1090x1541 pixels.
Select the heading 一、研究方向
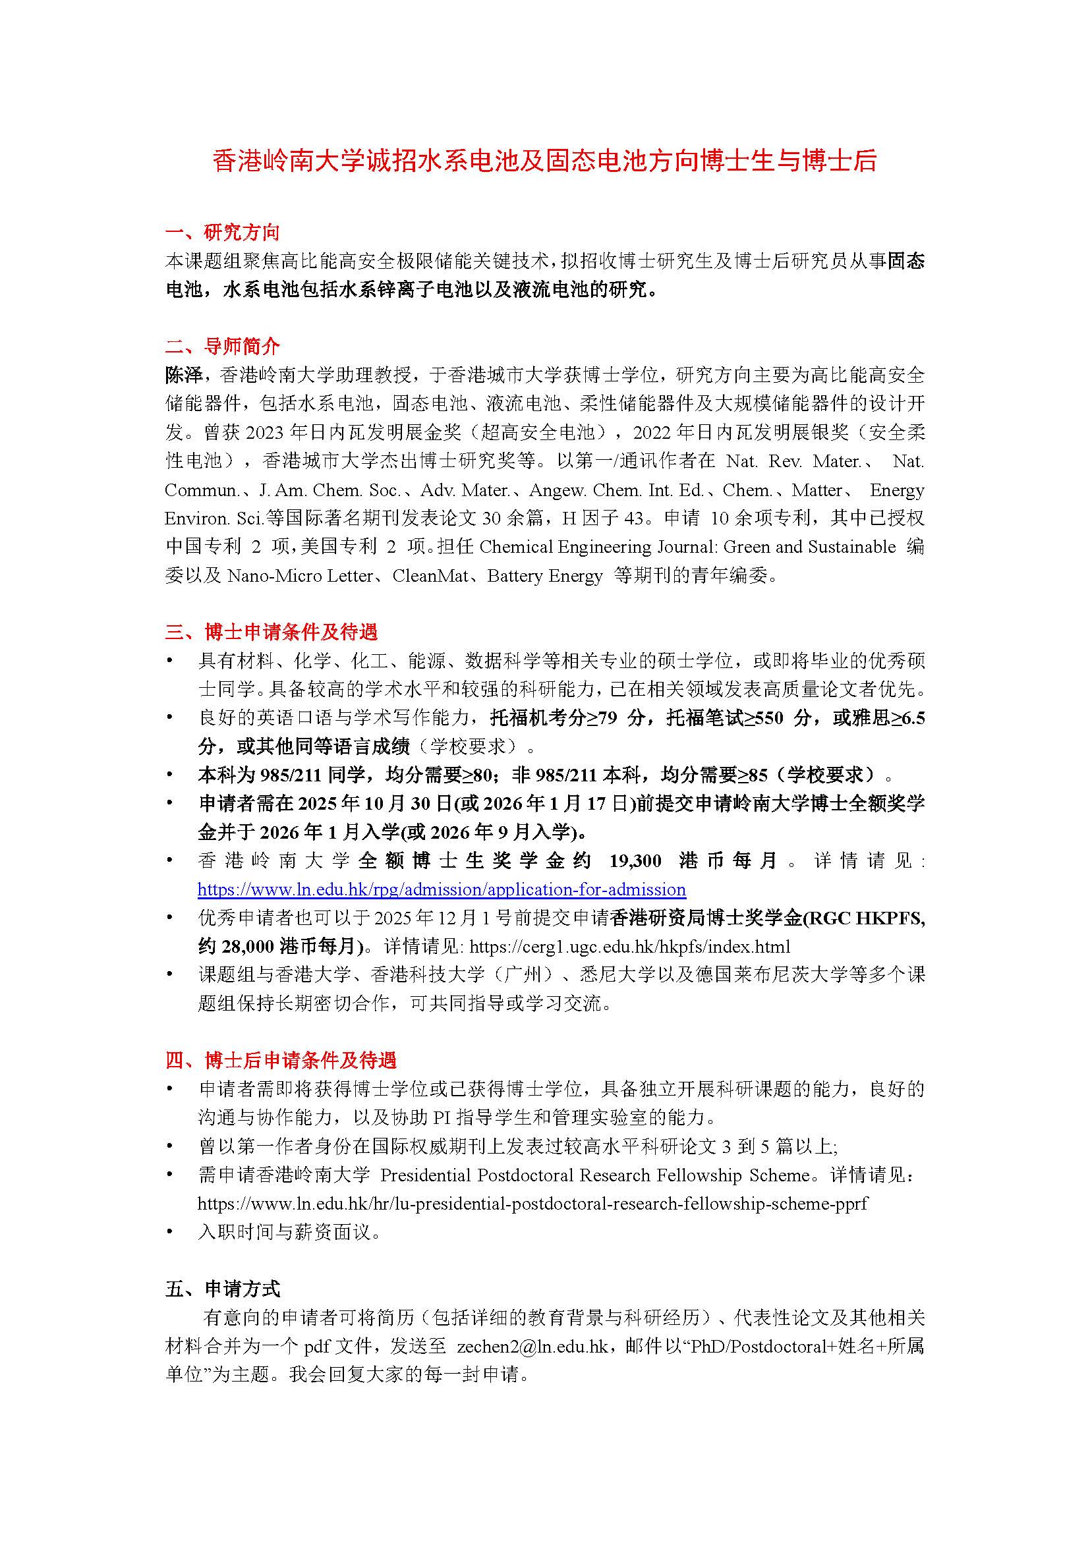tap(222, 233)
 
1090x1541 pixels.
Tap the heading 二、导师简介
tap(222, 347)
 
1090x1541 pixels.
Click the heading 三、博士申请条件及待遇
tap(272, 632)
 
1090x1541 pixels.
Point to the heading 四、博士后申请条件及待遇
tap(281, 1060)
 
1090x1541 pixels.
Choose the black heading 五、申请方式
tap(222, 1289)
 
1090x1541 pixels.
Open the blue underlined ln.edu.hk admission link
tap(442, 890)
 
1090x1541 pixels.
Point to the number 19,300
tap(634, 861)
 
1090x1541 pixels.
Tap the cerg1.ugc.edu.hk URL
tap(629, 947)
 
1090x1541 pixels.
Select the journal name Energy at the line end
tap(897, 490)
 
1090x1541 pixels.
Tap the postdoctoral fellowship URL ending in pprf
tap(532, 1204)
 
